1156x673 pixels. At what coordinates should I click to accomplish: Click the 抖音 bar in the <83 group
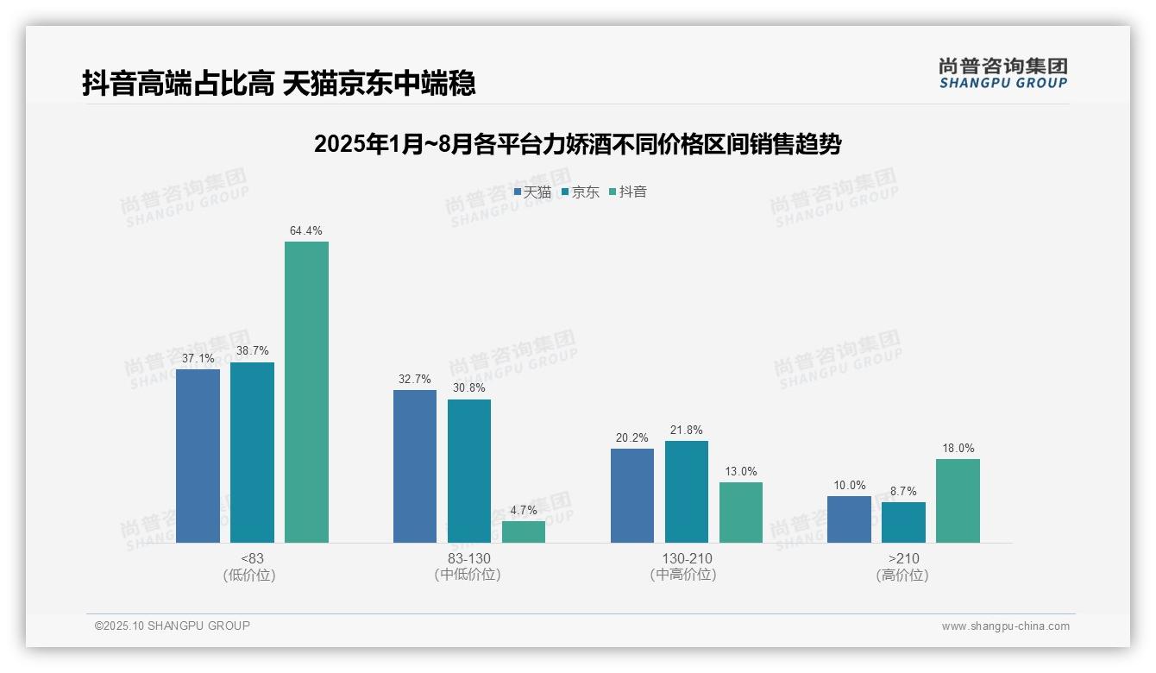(x=306, y=392)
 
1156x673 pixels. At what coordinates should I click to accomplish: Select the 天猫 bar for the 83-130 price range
(x=415, y=466)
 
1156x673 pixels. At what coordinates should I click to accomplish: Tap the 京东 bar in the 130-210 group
(x=687, y=492)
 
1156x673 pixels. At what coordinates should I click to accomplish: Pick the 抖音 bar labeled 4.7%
(x=524, y=531)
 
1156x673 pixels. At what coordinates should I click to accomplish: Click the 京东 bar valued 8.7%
(x=903, y=522)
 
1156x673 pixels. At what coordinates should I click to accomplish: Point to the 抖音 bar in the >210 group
(x=958, y=500)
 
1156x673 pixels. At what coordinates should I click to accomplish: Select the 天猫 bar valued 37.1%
(x=198, y=456)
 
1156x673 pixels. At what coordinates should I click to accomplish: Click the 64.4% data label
(x=306, y=230)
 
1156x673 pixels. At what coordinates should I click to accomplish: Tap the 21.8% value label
(x=687, y=430)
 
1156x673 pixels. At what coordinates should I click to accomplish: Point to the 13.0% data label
(x=741, y=471)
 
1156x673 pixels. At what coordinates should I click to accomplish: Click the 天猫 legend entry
(x=532, y=192)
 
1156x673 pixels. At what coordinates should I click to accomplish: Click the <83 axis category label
(x=252, y=558)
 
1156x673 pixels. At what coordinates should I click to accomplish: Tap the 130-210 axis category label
(x=687, y=558)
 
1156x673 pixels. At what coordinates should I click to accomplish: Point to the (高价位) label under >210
(x=903, y=575)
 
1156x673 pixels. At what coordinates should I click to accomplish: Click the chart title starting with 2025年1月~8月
(x=577, y=144)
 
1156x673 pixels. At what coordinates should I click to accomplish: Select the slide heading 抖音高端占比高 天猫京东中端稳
(x=279, y=84)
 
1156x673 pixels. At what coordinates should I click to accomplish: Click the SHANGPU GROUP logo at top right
(x=1002, y=73)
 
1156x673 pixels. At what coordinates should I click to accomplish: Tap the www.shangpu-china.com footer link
(x=1005, y=626)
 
